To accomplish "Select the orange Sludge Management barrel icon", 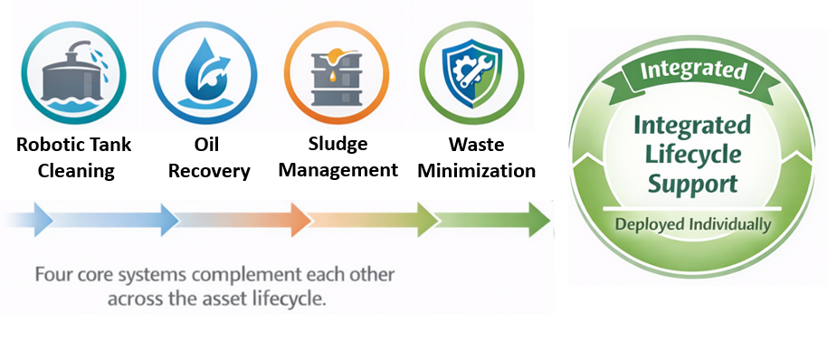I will point(329,70).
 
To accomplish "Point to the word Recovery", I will point(209,170).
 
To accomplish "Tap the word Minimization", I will point(479,170).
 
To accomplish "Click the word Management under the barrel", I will point(338,170).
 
